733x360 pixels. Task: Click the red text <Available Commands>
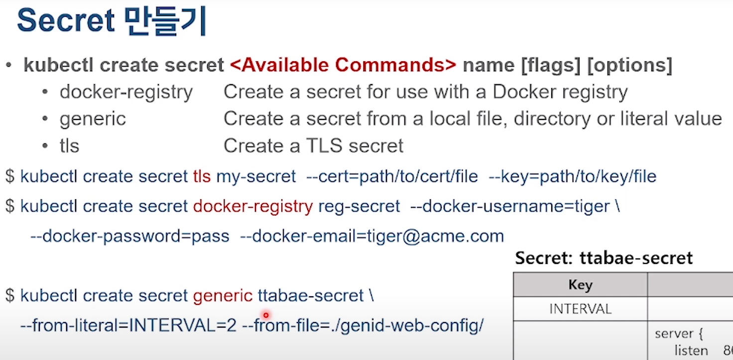(x=343, y=65)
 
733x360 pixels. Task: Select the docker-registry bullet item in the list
(x=126, y=92)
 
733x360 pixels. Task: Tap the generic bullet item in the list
(x=93, y=119)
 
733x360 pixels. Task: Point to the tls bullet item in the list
(x=69, y=146)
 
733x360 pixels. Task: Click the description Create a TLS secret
(x=313, y=146)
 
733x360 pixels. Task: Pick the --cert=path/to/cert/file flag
(x=392, y=176)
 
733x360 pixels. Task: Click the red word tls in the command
(x=202, y=176)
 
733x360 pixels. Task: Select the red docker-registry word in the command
(x=252, y=206)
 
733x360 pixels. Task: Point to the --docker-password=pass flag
(x=130, y=236)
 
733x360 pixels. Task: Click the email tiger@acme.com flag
(x=372, y=236)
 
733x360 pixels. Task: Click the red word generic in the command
(x=223, y=296)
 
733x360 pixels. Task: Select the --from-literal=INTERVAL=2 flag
(x=128, y=326)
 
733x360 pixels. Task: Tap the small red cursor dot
(x=266, y=315)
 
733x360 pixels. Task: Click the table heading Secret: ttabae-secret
(x=604, y=258)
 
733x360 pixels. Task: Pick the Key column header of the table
(x=580, y=285)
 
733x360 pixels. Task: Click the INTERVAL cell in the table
(x=580, y=309)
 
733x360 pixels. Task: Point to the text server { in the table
(x=678, y=333)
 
